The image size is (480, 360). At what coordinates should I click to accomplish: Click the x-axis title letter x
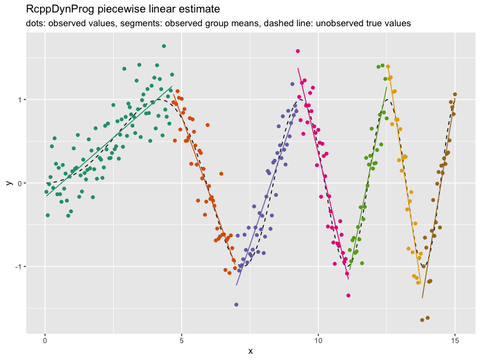point(250,351)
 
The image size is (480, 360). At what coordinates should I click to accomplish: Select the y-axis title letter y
point(8,182)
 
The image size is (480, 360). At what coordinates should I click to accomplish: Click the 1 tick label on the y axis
point(21,99)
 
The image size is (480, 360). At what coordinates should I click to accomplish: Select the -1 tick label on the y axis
point(19,267)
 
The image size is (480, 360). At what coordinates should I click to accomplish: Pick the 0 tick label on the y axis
point(21,183)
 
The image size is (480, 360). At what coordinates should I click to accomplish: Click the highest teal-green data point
point(164,46)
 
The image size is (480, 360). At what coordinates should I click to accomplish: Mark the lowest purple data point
point(236,304)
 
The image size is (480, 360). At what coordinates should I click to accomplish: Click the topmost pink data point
point(297,51)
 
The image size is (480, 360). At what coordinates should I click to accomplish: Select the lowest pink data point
point(348,295)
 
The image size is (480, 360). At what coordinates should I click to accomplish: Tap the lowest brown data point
point(422,320)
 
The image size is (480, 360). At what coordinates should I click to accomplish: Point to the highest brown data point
point(455,94)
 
